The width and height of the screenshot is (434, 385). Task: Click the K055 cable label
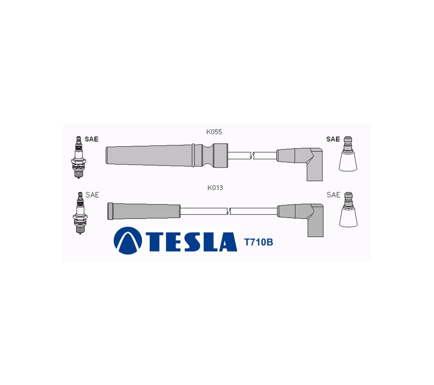(x=214, y=132)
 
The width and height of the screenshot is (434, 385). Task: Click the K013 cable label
(x=215, y=188)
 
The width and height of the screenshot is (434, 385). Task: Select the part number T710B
(x=258, y=242)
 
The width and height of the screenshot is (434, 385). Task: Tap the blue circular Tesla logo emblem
(x=128, y=240)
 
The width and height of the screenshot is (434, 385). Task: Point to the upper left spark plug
(x=78, y=157)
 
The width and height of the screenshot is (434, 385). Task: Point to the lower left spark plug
(x=80, y=213)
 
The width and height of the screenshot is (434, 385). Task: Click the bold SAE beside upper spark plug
(x=91, y=139)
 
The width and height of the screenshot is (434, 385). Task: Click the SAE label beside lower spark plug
(x=92, y=195)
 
